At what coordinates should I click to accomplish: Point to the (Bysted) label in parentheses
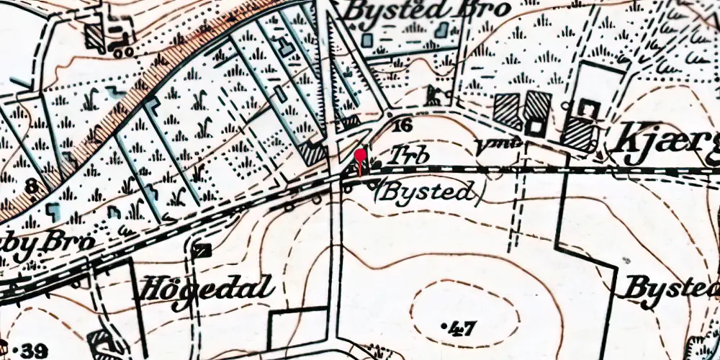[x=427, y=192]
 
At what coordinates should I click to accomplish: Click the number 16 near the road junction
[x=403, y=127]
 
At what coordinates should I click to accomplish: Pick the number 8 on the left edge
[x=30, y=188]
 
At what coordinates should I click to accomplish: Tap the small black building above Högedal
[x=203, y=250]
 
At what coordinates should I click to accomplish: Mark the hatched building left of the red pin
[x=315, y=153]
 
